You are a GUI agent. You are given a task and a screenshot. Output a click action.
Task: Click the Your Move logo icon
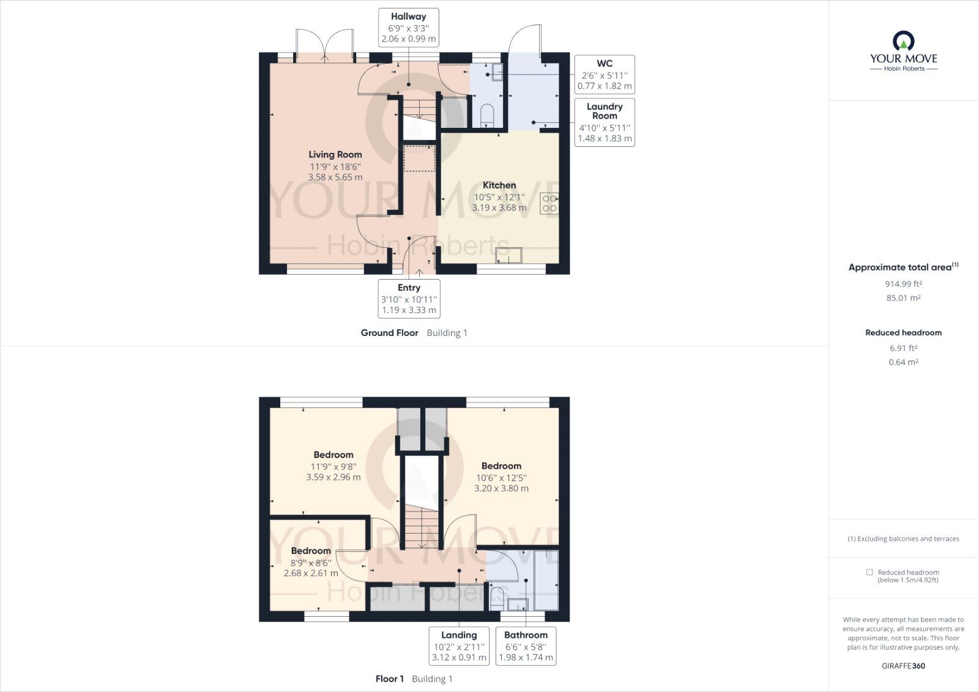(x=904, y=42)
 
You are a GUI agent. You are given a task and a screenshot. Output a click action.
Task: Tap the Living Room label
(x=335, y=155)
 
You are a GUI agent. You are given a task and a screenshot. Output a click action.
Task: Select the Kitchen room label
(x=499, y=185)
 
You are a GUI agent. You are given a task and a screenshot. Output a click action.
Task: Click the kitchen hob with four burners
(x=549, y=203)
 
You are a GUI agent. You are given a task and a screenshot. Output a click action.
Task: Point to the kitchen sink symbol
(x=509, y=255)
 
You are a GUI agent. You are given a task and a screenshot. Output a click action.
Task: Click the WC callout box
(x=605, y=75)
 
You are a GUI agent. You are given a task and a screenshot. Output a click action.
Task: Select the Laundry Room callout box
(x=605, y=122)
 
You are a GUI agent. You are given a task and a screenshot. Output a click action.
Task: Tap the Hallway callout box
(x=409, y=28)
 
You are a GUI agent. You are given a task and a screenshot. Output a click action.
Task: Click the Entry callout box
(x=409, y=299)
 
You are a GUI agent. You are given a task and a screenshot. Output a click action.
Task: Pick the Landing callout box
(x=459, y=646)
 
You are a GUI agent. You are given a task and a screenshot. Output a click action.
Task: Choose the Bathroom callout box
(x=526, y=646)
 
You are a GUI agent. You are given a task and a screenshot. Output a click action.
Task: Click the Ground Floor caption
(x=389, y=333)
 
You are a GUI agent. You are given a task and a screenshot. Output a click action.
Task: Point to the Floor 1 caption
(x=390, y=679)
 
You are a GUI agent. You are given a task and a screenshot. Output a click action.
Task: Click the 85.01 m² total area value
(x=903, y=298)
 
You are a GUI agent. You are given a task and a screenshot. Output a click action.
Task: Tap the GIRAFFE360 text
(x=903, y=666)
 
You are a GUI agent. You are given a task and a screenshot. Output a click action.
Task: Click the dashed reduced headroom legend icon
(x=869, y=572)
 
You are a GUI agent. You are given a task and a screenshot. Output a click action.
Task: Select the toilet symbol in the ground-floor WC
(x=487, y=115)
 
